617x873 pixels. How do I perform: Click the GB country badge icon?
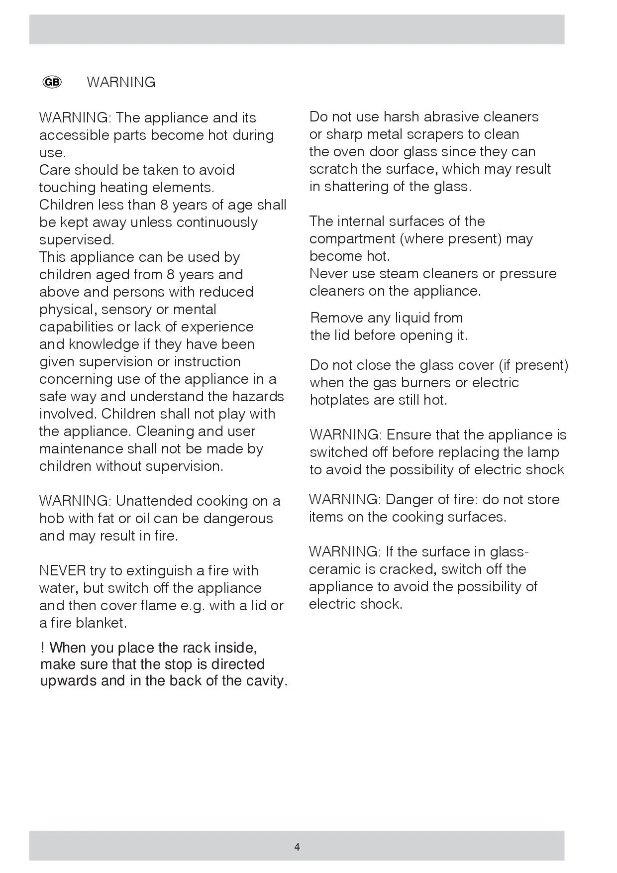pos(52,82)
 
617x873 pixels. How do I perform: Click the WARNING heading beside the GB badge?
pos(121,82)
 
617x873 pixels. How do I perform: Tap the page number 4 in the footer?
pos(297,847)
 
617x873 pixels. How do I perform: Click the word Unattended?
pos(154,501)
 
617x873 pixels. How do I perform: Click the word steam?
pos(398,273)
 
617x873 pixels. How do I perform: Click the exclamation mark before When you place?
pos(43,648)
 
